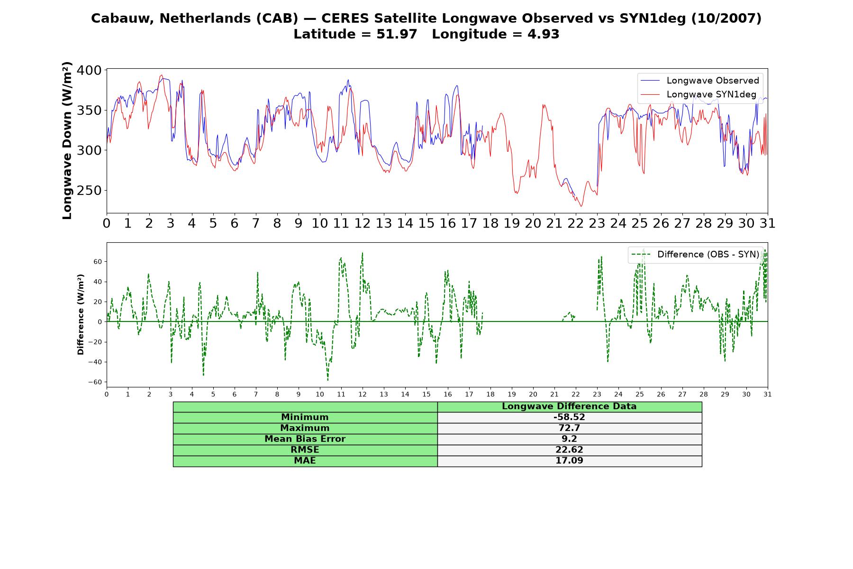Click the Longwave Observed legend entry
tap(700, 81)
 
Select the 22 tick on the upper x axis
tap(576, 223)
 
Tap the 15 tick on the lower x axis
tap(426, 394)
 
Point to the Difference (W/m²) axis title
tap(81, 314)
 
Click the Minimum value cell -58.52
tap(569, 417)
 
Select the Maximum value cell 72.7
tap(569, 428)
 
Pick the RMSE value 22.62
tap(569, 450)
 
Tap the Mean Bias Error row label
tap(305, 439)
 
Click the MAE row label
tap(305, 460)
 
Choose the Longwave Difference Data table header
tap(569, 406)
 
